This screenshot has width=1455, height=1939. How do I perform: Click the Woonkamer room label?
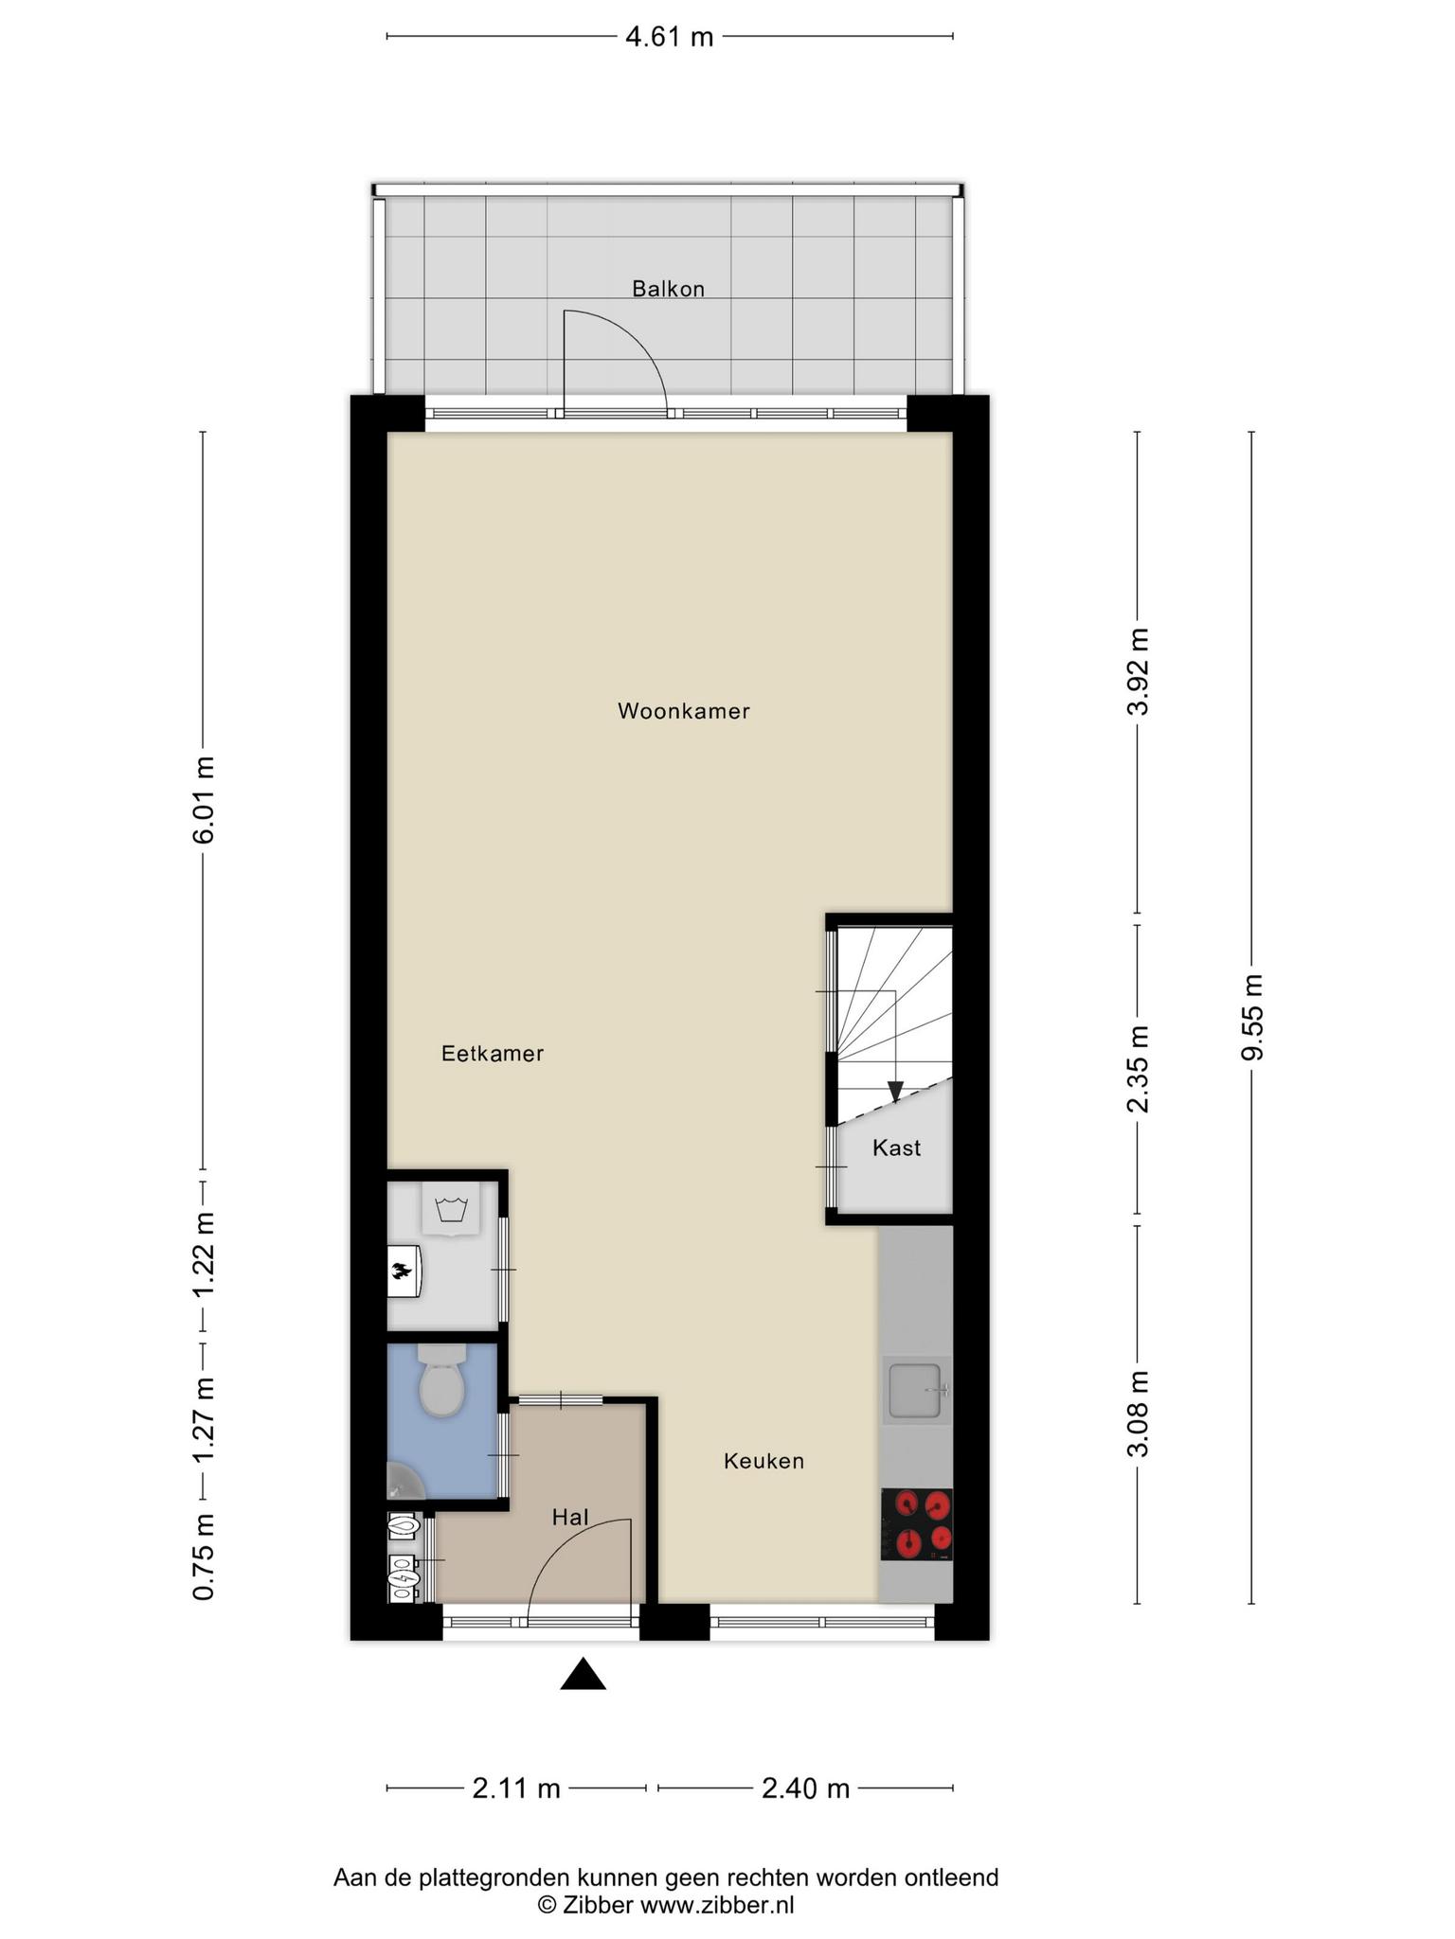(x=683, y=711)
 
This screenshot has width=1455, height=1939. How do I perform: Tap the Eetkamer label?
(x=493, y=1054)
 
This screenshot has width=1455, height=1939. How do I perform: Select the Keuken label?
(x=763, y=1461)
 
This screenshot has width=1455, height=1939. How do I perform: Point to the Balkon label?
(x=669, y=289)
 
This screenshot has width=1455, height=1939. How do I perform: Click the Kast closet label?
(x=896, y=1148)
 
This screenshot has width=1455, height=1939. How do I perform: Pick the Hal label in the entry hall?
(x=570, y=1518)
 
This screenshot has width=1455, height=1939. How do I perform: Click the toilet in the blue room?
(x=441, y=1381)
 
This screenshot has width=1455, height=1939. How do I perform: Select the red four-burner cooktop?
(x=917, y=1524)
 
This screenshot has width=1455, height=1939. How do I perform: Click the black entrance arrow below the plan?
(x=583, y=1675)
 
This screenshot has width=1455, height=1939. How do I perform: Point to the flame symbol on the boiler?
(x=402, y=1270)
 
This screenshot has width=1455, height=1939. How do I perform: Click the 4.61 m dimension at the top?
(x=670, y=37)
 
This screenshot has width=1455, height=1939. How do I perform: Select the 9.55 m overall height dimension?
(x=1252, y=1018)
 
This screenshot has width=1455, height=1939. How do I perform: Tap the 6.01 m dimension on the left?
(x=203, y=800)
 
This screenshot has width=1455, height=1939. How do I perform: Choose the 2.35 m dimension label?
(x=1138, y=1069)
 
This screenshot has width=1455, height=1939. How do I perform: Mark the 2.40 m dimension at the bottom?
(x=806, y=1788)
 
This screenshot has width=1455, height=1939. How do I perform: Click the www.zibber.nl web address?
(x=717, y=1905)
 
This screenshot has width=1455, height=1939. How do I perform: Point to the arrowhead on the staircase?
(x=895, y=1092)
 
